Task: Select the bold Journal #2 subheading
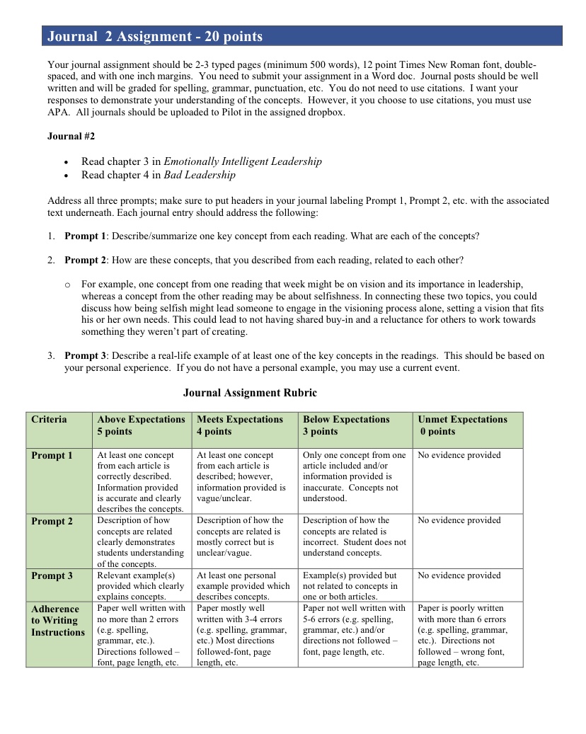(71, 136)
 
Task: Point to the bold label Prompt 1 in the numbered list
(85, 236)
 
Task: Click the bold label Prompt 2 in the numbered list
(85, 260)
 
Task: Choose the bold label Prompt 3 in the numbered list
(85, 356)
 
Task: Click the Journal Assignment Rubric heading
(250, 393)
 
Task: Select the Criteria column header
(49, 420)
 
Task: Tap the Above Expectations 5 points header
(141, 425)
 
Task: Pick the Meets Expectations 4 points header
(240, 425)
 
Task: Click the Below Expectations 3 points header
(346, 425)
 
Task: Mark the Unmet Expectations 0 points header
(462, 425)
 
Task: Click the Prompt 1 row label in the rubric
(52, 456)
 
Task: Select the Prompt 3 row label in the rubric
(52, 576)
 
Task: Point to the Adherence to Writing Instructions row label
(57, 621)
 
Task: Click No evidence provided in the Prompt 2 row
(459, 520)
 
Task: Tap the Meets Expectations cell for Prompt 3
(243, 586)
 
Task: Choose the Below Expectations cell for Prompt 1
(354, 476)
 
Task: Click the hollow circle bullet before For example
(67, 285)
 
